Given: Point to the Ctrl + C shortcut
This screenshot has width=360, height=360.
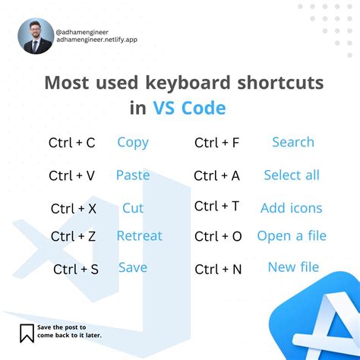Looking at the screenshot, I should point(71,143).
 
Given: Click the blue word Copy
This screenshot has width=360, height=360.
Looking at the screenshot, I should point(133,142).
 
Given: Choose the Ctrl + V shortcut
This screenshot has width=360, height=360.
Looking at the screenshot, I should point(71,175).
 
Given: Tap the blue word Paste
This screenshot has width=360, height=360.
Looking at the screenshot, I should point(133,175).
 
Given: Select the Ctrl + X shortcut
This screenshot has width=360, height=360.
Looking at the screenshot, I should point(73,208).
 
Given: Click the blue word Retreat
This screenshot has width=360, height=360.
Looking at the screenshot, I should point(139,235).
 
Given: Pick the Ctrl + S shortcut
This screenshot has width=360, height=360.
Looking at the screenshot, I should point(75,269).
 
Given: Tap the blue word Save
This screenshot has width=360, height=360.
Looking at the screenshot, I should point(133,267).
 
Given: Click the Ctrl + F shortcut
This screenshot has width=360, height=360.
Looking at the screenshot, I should point(217,143).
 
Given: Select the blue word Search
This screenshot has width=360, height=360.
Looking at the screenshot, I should point(292,142).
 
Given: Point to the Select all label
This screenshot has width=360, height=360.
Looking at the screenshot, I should point(292,175).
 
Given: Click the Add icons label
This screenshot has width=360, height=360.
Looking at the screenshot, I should point(291,208).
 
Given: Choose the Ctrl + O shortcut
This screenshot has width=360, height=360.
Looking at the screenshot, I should point(218,237).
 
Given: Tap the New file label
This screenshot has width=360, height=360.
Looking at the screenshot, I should point(293,267).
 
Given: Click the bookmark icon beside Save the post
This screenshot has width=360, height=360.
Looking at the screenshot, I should point(27,333).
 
